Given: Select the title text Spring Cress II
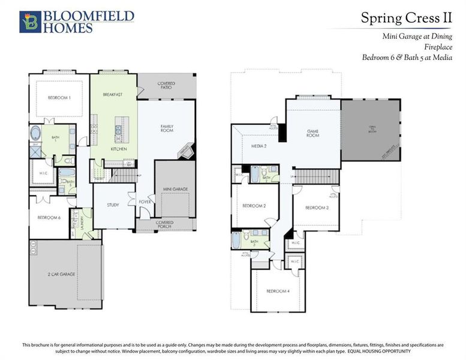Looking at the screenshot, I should click(405, 17).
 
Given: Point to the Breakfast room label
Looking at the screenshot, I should click(112, 94).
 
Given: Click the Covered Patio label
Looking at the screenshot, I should click(166, 86).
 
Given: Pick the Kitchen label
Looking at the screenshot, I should click(118, 148).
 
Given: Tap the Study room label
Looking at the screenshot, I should click(113, 205).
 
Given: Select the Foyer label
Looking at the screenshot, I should click(144, 202).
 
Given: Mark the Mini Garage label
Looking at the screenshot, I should click(175, 189).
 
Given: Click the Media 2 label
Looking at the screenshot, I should click(258, 146).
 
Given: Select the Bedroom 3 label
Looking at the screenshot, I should click(316, 207).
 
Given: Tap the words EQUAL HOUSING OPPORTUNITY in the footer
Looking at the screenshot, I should click(378, 350).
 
